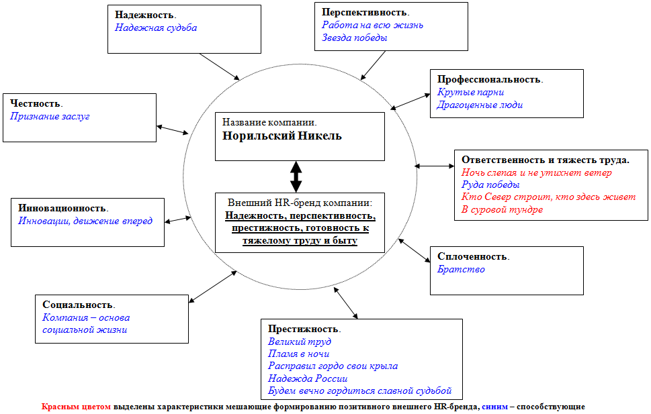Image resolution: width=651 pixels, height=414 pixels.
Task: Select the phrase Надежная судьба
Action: click(x=155, y=28)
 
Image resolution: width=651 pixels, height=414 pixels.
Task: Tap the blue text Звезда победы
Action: click(x=354, y=38)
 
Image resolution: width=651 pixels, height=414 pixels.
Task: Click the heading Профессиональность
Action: click(x=489, y=79)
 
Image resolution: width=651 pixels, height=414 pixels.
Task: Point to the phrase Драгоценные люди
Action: click(x=479, y=105)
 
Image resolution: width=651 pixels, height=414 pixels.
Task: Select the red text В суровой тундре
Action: click(x=502, y=209)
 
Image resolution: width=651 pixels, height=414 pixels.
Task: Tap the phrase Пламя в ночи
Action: click(x=298, y=354)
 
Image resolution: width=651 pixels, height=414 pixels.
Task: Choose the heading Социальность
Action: click(x=78, y=305)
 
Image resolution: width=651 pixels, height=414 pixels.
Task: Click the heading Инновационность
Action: click(x=62, y=208)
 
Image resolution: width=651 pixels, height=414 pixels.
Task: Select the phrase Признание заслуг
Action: click(x=50, y=116)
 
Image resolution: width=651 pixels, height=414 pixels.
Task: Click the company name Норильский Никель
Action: click(x=283, y=136)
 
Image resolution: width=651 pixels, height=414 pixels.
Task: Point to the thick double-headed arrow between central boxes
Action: click(x=296, y=176)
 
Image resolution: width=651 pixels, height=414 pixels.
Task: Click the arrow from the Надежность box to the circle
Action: click(x=220, y=66)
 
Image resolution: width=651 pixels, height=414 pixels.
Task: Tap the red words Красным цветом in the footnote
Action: click(x=76, y=407)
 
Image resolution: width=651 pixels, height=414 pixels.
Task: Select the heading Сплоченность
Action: click(x=473, y=256)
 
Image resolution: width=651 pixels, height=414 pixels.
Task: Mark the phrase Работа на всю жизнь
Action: click(x=372, y=25)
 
